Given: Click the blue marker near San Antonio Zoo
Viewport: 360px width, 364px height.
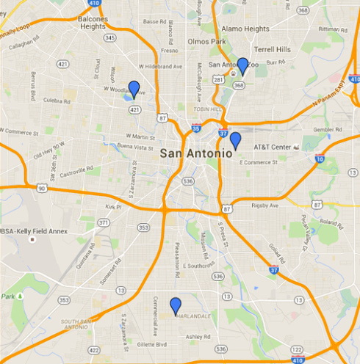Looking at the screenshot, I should (242, 66).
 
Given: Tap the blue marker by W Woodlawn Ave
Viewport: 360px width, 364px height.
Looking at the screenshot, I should (134, 90).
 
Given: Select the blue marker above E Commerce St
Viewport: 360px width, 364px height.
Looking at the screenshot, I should (235, 141).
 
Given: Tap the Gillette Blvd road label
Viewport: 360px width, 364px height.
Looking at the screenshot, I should (153, 344).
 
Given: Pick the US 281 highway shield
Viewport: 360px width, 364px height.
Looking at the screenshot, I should (217, 79).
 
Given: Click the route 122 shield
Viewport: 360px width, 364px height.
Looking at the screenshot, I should (296, 349).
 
